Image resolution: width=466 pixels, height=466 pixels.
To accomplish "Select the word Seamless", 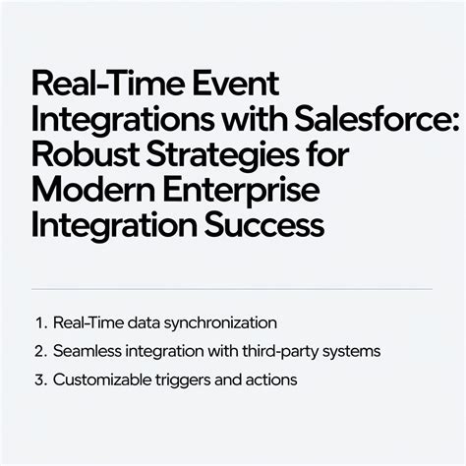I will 88,351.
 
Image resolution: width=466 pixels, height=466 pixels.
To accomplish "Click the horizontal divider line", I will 232,288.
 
